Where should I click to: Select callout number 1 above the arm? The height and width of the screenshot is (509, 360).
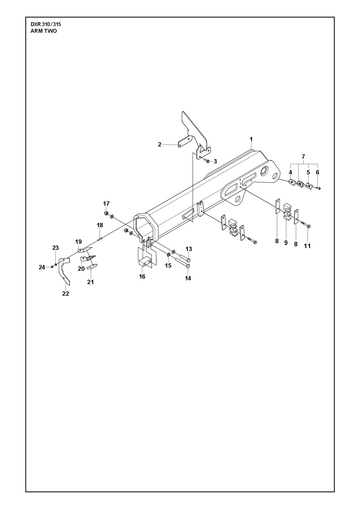251,139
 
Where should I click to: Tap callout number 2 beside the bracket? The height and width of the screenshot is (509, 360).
160,145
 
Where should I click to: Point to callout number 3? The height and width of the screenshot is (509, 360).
215,162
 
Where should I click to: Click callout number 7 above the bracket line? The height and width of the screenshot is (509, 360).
303,156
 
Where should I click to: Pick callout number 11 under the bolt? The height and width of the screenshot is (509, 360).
307,246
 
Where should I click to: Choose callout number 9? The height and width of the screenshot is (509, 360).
286,243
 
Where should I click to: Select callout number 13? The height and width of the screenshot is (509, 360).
189,249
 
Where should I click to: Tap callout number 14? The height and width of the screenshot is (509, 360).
188,278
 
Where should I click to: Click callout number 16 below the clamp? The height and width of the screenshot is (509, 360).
142,276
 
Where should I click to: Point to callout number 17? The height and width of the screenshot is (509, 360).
106,204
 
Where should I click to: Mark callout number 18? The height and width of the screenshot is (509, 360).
100,225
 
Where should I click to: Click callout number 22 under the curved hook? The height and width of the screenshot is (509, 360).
66,294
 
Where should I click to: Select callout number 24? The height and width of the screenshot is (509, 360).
42,267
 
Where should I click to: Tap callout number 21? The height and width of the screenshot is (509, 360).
90,282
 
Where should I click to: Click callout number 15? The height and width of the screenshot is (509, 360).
168,266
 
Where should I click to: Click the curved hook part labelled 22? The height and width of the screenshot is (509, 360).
65,272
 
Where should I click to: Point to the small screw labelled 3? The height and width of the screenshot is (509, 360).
208,161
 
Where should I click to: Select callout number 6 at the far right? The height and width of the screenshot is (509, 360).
317,172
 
